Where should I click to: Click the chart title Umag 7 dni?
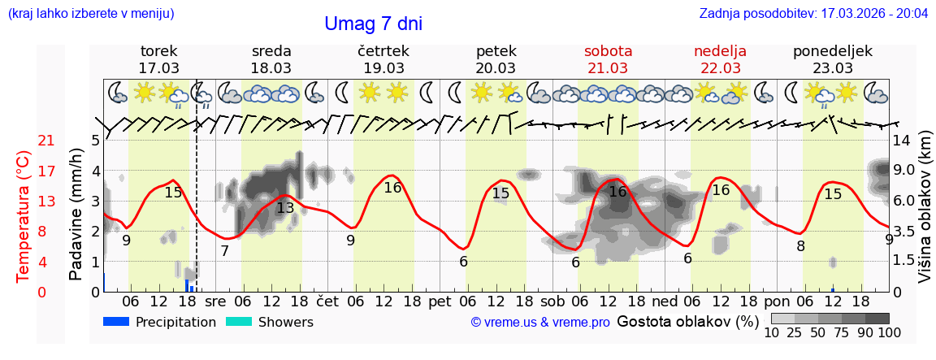coord(373,24)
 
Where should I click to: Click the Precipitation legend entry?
coord(160,322)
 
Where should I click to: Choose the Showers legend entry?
coord(269,322)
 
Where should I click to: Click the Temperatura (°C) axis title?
coord(25,216)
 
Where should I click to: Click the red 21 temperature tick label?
coord(46,141)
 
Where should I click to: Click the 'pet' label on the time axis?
coord(440,301)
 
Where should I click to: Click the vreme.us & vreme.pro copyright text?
coord(540,323)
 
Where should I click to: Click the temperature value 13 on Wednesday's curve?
coord(285,208)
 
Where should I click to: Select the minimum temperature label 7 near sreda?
coord(224,251)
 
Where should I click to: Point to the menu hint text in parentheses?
coord(91,13)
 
